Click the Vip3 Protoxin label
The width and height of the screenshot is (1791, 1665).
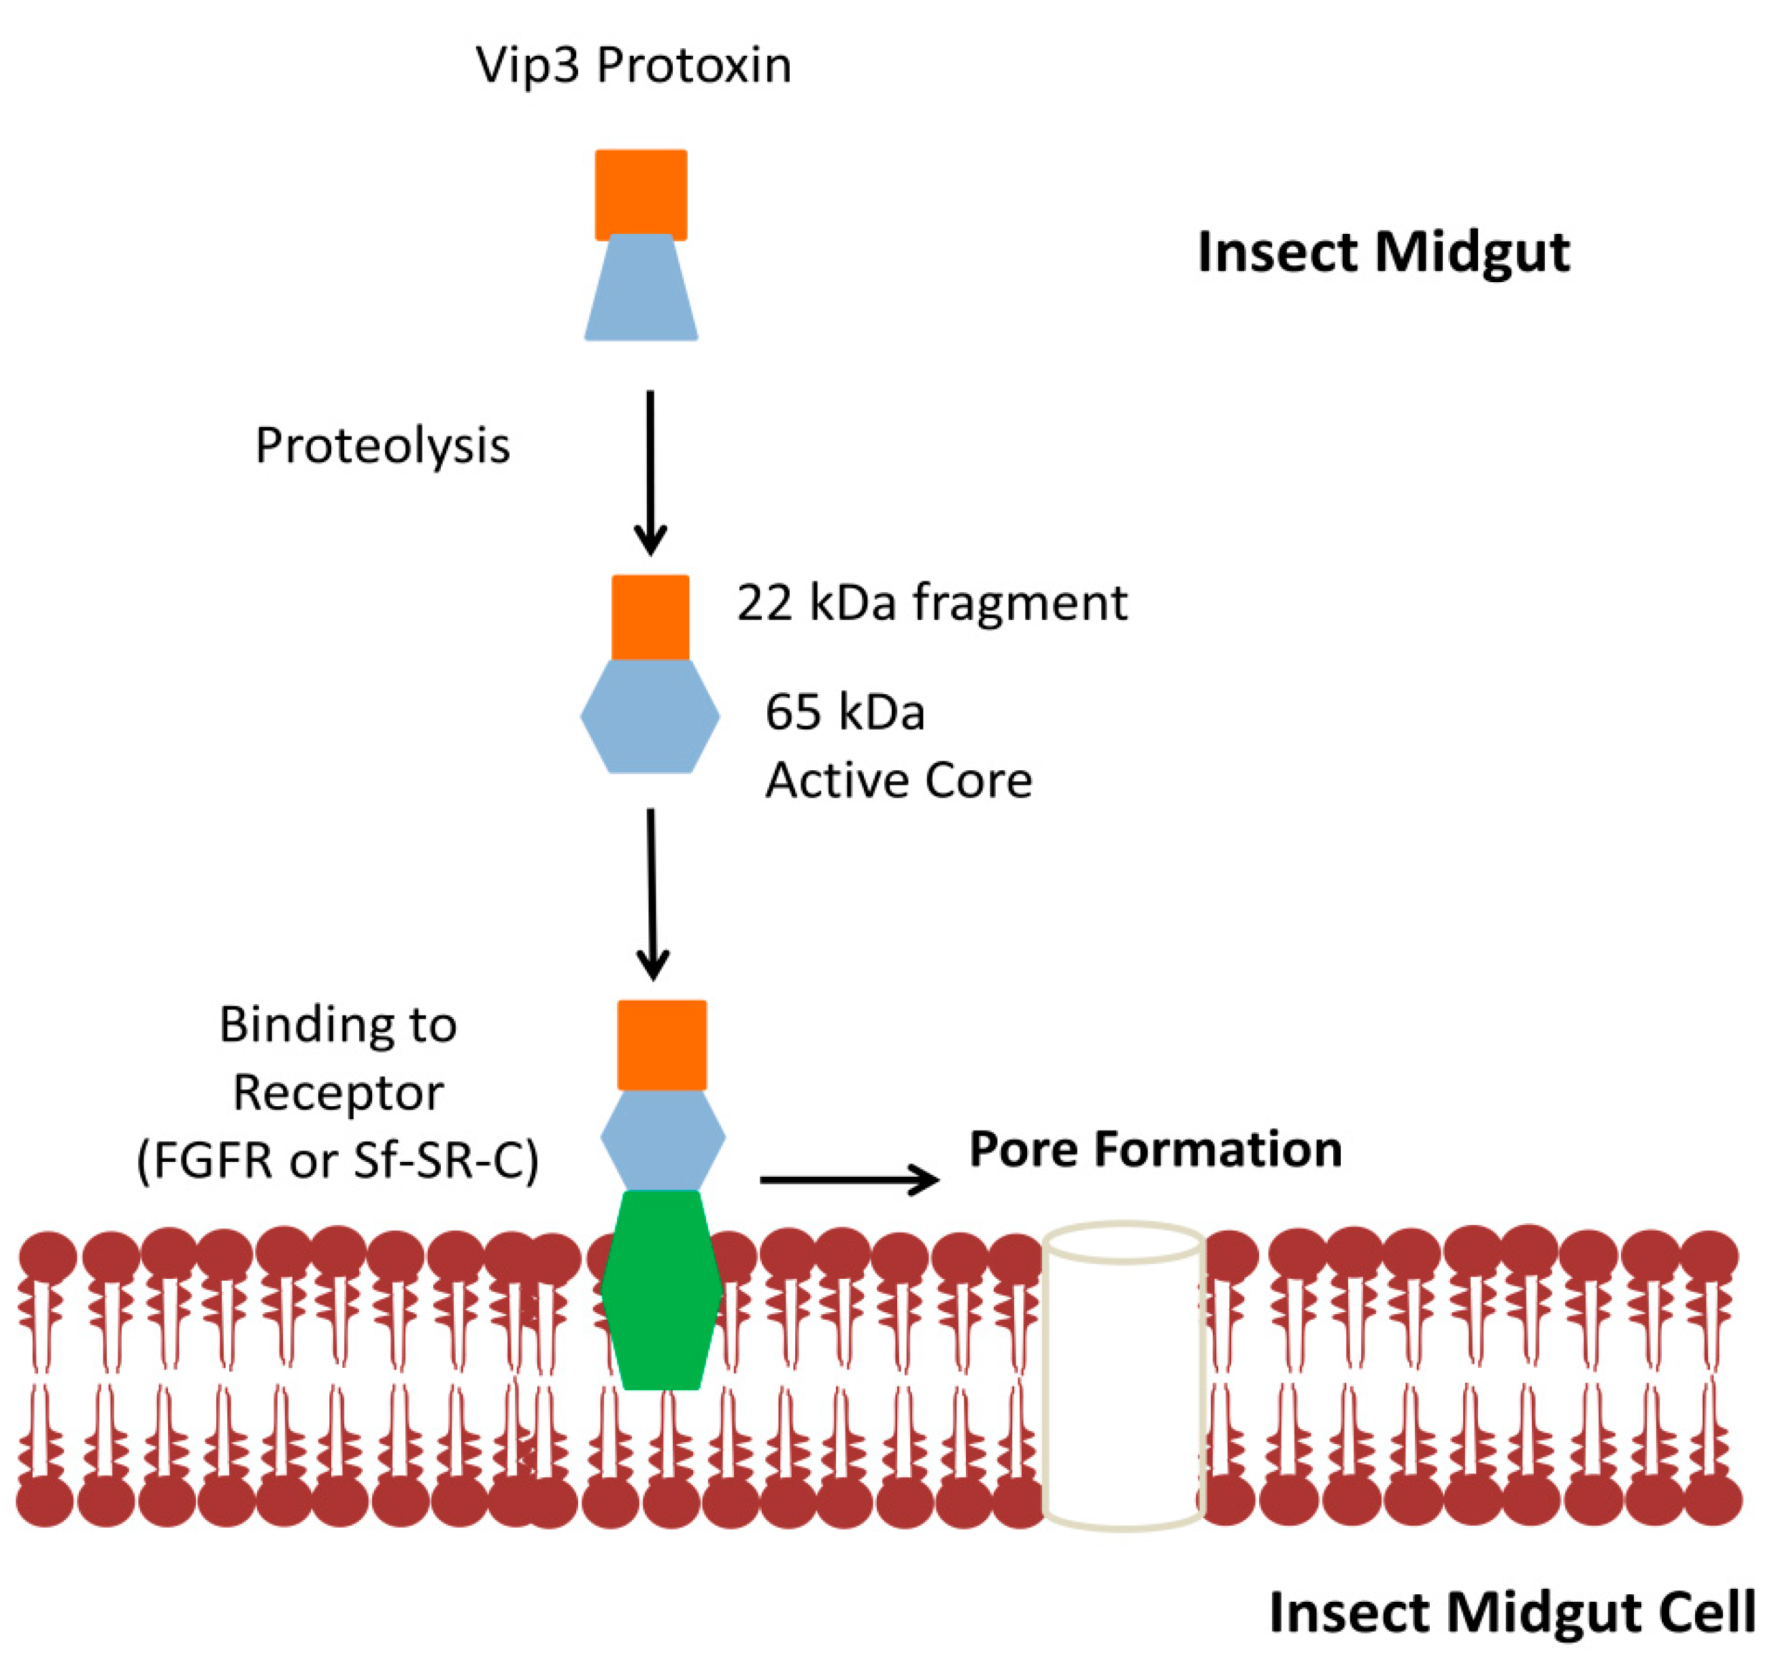(x=633, y=67)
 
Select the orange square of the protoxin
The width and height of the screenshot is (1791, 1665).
(x=641, y=194)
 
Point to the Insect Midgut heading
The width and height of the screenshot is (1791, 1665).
(x=1383, y=253)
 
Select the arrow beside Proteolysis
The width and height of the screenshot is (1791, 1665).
(x=650, y=473)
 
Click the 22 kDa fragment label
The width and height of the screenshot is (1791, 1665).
(x=931, y=602)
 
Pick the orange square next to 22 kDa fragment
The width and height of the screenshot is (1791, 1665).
(x=650, y=618)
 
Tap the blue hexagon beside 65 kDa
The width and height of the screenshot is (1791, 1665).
(x=650, y=716)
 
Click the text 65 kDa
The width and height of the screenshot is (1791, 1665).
(x=845, y=713)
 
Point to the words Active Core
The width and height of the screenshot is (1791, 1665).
(x=898, y=780)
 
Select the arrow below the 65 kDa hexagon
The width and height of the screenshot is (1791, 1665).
(x=652, y=894)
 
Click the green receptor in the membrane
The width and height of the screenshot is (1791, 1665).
(x=661, y=1290)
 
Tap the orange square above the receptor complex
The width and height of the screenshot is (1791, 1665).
(x=661, y=1044)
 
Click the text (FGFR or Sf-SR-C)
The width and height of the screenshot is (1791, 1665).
(x=338, y=1161)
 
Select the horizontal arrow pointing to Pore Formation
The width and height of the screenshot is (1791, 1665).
(x=850, y=1180)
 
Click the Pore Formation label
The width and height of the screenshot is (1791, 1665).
(x=1156, y=1150)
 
